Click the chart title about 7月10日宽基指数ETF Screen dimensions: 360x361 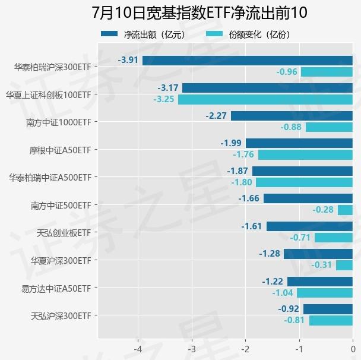199,13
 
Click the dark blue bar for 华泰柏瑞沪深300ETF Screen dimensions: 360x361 247,61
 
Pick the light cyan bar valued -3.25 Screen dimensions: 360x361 265,99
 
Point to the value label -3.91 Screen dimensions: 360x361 128,61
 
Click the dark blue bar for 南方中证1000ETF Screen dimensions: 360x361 292,116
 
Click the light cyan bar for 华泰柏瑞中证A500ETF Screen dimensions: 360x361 304,182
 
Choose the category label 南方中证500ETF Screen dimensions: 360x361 61,206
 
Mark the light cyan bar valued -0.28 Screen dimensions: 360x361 345,210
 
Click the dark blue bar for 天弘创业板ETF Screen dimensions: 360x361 309,226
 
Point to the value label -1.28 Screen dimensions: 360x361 269,254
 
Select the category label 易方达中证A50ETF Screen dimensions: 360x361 56,289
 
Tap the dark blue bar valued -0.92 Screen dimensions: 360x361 328,309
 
